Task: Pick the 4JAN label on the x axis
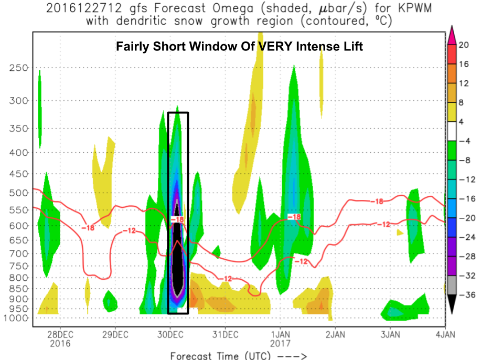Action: point(445,334)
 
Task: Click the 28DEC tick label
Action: point(59,334)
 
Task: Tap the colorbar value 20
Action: point(463,45)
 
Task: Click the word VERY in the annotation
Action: point(273,47)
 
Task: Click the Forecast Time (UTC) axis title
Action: point(220,355)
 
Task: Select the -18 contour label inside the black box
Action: point(177,219)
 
